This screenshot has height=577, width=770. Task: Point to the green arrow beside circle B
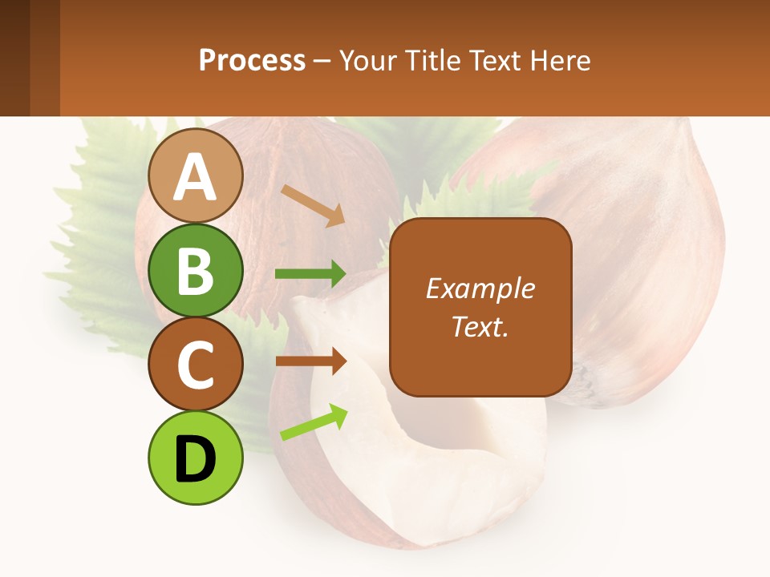(x=310, y=274)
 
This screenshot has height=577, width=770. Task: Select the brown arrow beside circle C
(x=310, y=361)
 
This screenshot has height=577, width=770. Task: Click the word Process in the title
(x=252, y=60)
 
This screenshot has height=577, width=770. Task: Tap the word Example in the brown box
(x=480, y=288)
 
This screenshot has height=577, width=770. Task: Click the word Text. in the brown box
(x=480, y=326)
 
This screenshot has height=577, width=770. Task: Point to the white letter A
(x=195, y=176)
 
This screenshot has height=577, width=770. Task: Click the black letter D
(x=195, y=459)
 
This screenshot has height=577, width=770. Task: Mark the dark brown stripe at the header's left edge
(x=14, y=58)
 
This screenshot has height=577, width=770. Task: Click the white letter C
(x=195, y=365)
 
